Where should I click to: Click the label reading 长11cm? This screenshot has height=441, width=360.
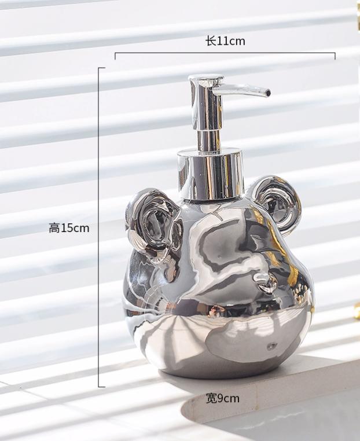(x=225, y=41)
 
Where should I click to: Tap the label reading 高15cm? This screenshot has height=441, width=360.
(x=69, y=228)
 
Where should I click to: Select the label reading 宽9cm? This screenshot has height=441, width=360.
(x=222, y=398)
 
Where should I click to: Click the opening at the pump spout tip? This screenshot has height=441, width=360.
(x=269, y=92)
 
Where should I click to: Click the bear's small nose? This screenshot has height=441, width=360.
(x=265, y=282)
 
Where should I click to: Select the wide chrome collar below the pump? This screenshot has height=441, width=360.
(x=210, y=174)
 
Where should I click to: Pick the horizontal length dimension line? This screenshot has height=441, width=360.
(x=225, y=53)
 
